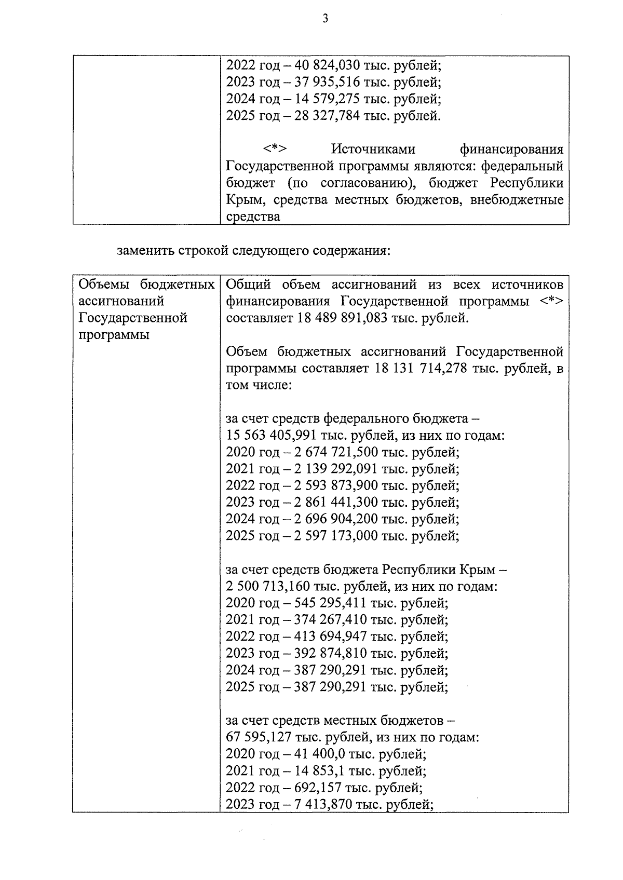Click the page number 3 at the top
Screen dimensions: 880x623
point(326,19)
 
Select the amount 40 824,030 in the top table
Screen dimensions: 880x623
point(327,66)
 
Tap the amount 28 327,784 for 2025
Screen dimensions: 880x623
point(327,116)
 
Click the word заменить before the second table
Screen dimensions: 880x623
point(146,251)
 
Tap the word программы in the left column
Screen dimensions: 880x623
point(114,335)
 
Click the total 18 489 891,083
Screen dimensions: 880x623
point(343,318)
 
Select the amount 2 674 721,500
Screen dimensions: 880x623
point(336,452)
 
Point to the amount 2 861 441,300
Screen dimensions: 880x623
point(336,502)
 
